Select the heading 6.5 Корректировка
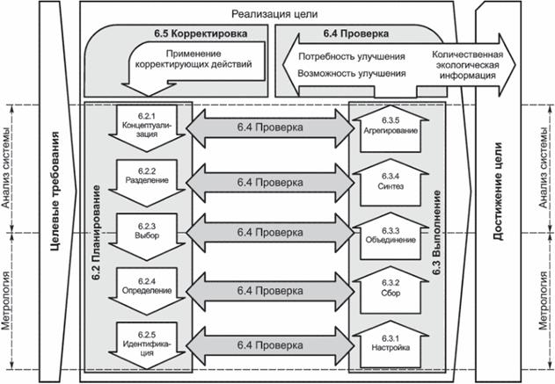(194, 34)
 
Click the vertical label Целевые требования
(55, 192)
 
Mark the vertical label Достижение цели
(499, 192)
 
